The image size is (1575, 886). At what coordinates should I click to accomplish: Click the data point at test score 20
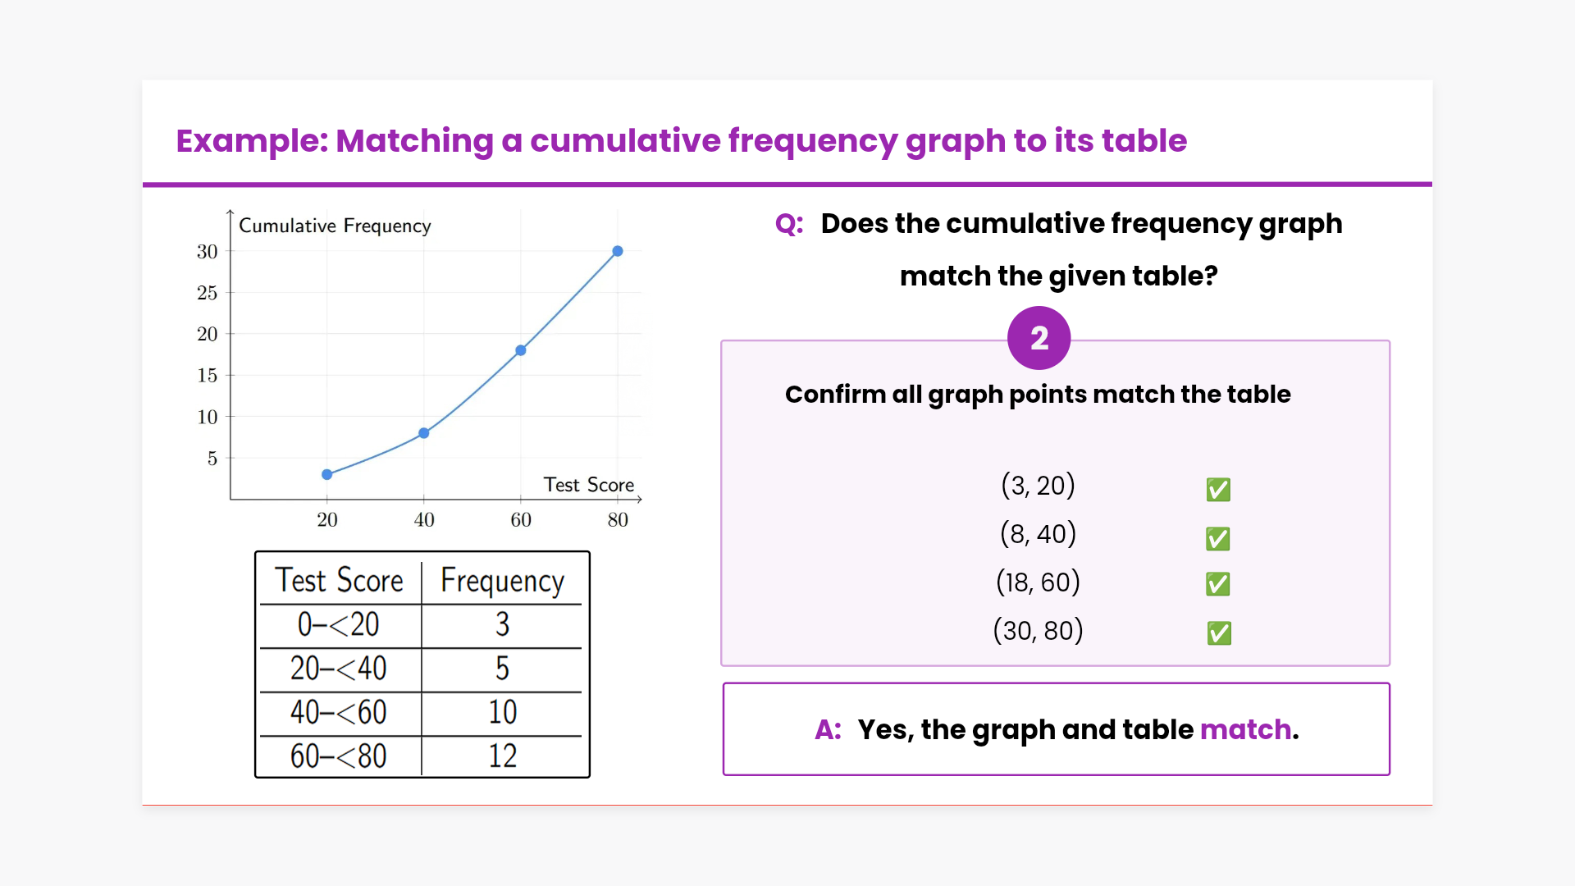pos(327,474)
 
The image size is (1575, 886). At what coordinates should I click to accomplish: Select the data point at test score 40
pos(424,433)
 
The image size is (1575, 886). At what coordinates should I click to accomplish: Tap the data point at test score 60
pos(521,350)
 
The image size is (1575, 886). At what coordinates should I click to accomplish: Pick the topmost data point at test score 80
pos(618,251)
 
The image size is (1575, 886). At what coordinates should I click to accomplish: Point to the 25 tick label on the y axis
pos(208,293)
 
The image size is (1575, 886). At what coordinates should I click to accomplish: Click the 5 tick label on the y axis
pos(212,459)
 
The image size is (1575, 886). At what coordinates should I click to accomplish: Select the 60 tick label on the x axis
pos(521,519)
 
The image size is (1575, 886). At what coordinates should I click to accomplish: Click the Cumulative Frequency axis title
pos(335,226)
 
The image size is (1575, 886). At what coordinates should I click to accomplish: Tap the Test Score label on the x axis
pos(589,485)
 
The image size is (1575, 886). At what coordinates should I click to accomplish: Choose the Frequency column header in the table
pos(502,581)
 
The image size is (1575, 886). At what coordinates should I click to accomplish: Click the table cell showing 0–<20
pos(338,625)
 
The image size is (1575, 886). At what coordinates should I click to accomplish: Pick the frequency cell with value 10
pos(503,712)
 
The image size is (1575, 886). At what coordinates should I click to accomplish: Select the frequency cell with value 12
pos(503,756)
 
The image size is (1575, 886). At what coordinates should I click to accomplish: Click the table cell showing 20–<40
pos(338,669)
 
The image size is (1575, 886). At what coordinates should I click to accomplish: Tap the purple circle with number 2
pos(1039,338)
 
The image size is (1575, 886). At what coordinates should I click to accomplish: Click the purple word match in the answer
pos(1245,729)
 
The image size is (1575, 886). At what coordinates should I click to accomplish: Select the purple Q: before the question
pos(789,224)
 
